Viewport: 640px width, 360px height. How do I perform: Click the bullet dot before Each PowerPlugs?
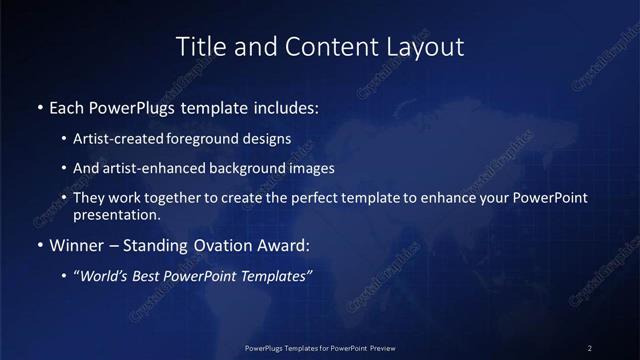[39, 105]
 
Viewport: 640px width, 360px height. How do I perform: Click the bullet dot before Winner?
[39, 244]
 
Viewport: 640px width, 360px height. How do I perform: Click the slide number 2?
[590, 347]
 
